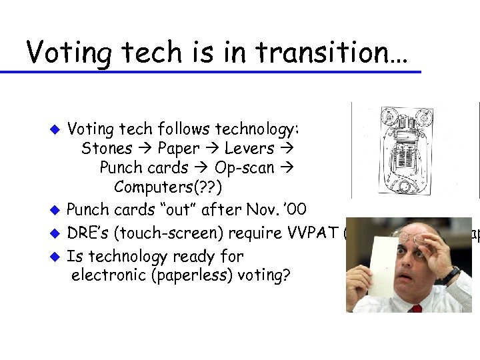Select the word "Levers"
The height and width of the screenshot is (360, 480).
tap(249, 148)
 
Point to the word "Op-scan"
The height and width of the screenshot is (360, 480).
tap(245, 167)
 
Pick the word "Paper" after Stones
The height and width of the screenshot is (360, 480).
tap(179, 148)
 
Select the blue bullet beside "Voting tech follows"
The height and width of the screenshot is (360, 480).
tap(57, 129)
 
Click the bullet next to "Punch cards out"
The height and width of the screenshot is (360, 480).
tap(57, 211)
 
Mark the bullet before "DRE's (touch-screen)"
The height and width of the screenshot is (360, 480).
tap(57, 234)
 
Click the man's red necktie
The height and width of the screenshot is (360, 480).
tap(416, 309)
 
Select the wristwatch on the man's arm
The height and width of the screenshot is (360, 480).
tap(451, 275)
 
